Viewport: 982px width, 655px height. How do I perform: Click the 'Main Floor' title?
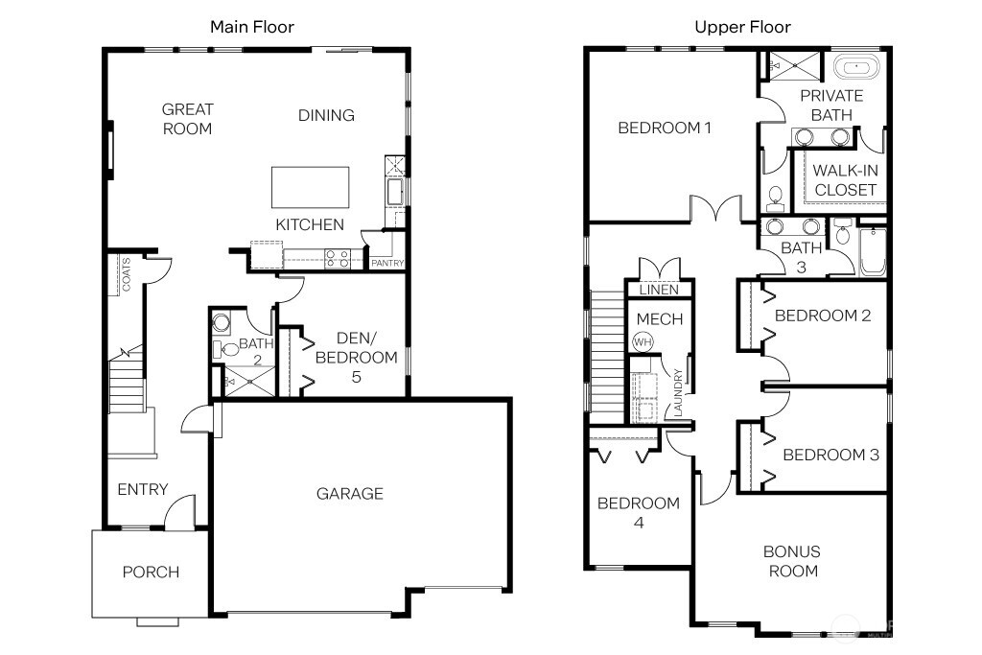[x=252, y=27]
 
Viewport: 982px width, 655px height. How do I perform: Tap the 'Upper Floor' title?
[x=742, y=27]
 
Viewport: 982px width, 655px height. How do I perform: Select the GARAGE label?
[x=350, y=494]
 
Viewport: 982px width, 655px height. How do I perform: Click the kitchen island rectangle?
[x=310, y=186]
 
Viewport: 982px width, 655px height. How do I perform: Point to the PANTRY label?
[x=387, y=264]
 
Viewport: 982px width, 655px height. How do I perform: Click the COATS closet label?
[x=126, y=274]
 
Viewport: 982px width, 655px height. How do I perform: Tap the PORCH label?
[x=151, y=573]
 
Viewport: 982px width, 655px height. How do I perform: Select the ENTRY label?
[x=143, y=490]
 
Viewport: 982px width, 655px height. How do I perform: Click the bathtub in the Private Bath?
[x=854, y=68]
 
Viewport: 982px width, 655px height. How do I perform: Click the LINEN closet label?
[x=659, y=290]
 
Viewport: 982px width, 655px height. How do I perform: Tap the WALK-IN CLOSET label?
[x=845, y=180]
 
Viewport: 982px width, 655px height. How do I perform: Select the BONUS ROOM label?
[x=791, y=561]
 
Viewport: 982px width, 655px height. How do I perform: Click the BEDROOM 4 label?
[x=638, y=513]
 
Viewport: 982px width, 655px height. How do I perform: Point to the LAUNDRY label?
[x=678, y=392]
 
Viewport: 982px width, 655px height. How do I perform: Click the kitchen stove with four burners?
[x=338, y=257]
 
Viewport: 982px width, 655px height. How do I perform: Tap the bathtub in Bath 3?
[x=873, y=251]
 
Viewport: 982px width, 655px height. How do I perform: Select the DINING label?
[x=326, y=115]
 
